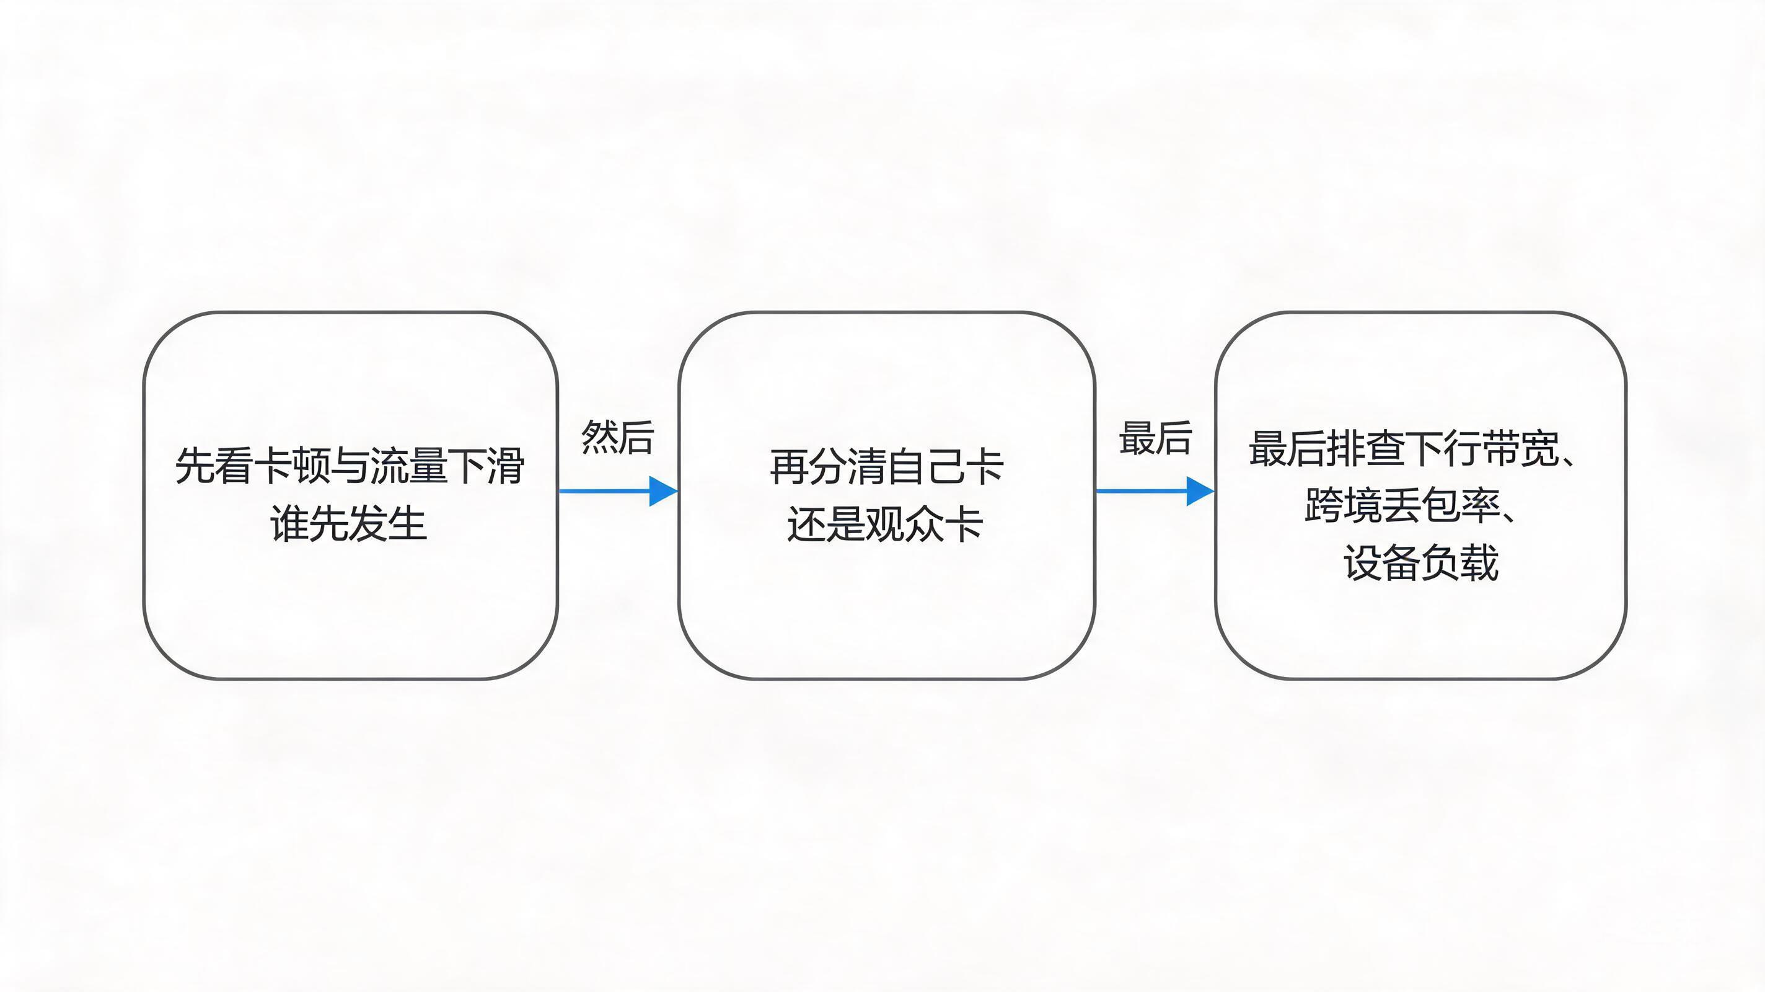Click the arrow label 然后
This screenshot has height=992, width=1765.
[x=617, y=437]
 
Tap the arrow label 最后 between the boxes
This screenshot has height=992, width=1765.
[x=1155, y=437]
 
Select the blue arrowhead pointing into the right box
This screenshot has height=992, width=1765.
[x=1200, y=491]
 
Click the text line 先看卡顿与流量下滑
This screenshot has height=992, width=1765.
[x=350, y=466]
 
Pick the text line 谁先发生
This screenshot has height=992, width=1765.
[x=350, y=523]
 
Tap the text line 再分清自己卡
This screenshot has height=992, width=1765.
[x=887, y=467]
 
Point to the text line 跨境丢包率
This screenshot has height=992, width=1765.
[x=1402, y=506]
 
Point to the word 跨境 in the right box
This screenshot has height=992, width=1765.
[x=1344, y=506]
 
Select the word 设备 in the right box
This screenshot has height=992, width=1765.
[x=1382, y=563]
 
